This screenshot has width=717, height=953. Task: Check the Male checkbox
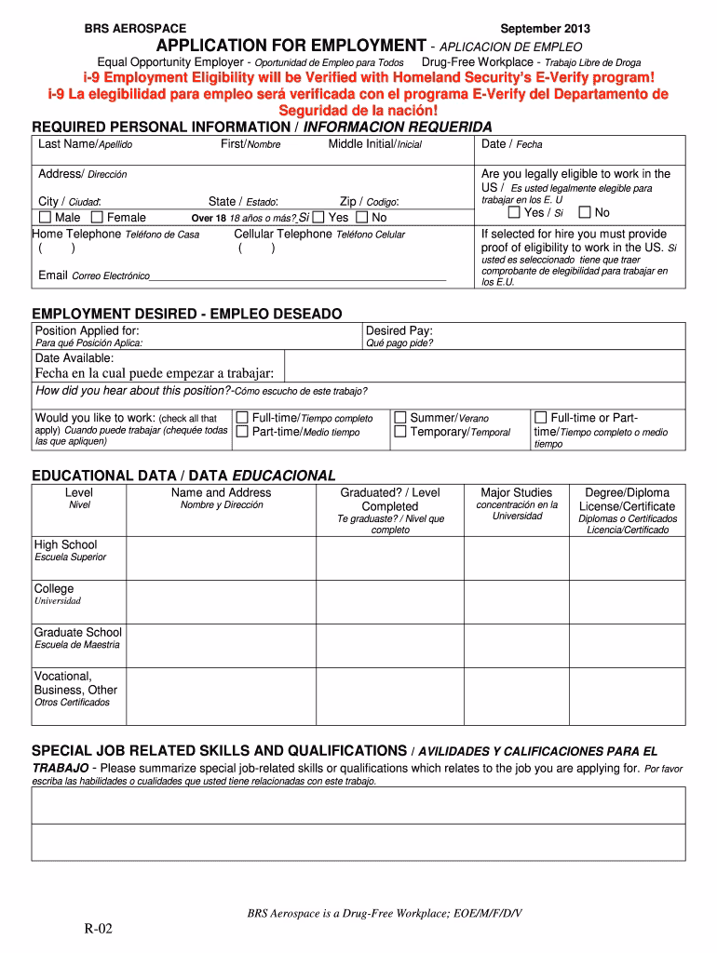click(46, 218)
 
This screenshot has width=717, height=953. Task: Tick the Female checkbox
click(97, 218)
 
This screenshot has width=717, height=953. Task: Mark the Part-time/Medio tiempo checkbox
click(242, 432)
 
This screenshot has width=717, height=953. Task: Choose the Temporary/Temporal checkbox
click(400, 432)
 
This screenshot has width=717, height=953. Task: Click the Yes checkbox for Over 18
click(318, 218)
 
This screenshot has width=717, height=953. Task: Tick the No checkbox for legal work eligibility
click(585, 212)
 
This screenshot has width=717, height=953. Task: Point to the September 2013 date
click(545, 29)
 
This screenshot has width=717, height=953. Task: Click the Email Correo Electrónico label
click(93, 275)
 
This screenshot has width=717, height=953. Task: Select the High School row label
click(65, 545)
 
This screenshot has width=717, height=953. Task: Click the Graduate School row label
click(77, 633)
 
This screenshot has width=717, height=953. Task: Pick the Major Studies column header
click(516, 493)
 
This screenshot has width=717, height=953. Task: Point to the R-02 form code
click(96, 931)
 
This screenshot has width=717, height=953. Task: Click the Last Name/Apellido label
click(85, 144)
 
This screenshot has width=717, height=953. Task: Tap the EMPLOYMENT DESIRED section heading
click(187, 314)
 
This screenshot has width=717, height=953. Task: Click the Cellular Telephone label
click(282, 235)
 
